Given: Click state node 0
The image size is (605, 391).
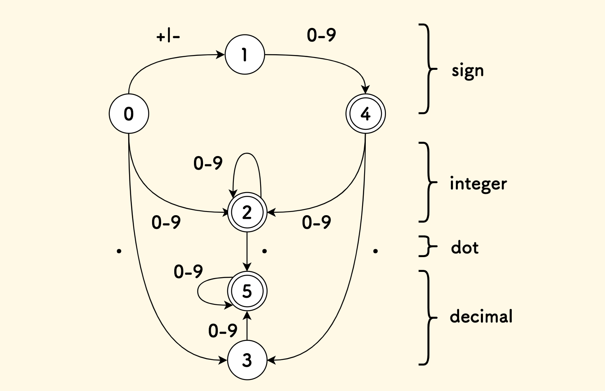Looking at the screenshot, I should click(x=129, y=114).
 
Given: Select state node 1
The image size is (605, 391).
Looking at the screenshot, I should click(x=245, y=55).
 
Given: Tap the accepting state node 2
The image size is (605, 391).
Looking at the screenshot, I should click(x=247, y=212).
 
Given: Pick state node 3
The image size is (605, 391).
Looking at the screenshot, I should click(x=247, y=360).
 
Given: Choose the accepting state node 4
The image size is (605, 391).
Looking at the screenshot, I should click(x=365, y=114).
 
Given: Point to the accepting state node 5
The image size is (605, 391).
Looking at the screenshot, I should click(x=247, y=291).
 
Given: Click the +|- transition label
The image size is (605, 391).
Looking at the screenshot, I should click(x=168, y=37).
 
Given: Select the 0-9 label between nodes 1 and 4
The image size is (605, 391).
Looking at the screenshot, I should click(x=321, y=35).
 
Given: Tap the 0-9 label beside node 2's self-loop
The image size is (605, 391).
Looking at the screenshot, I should click(x=208, y=163).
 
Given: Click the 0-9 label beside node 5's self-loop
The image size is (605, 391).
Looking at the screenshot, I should click(x=188, y=272).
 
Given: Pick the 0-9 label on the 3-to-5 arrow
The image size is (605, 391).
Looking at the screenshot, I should click(x=223, y=331).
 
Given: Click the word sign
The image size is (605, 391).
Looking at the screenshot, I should click(x=468, y=71).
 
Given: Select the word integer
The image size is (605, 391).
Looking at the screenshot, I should click(x=478, y=184).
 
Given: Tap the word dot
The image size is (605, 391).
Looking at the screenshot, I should click(x=465, y=248).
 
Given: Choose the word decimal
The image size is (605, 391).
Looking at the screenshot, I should click(x=481, y=317).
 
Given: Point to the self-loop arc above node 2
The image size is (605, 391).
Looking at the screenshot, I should click(x=247, y=154).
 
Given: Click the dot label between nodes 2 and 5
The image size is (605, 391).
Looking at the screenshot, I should click(x=264, y=251).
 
